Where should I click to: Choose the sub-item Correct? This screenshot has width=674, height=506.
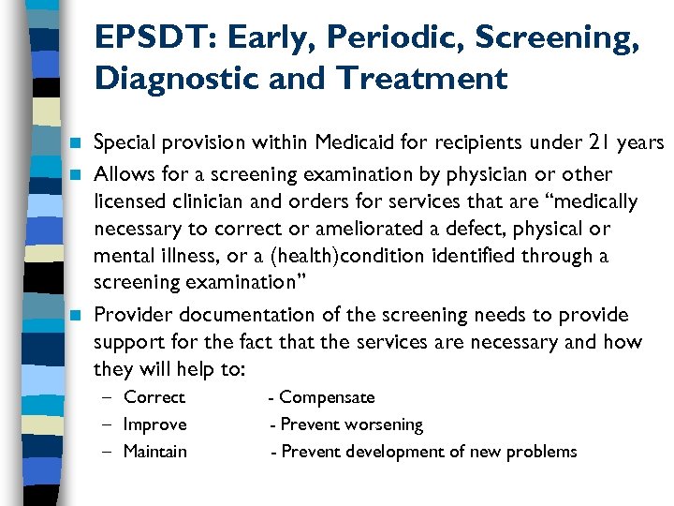[154, 397]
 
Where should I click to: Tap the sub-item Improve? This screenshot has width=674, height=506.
[155, 424]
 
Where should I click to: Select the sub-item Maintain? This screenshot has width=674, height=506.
[155, 452]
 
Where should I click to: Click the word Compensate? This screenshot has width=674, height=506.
[327, 397]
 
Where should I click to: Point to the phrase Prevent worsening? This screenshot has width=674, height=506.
[352, 424]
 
